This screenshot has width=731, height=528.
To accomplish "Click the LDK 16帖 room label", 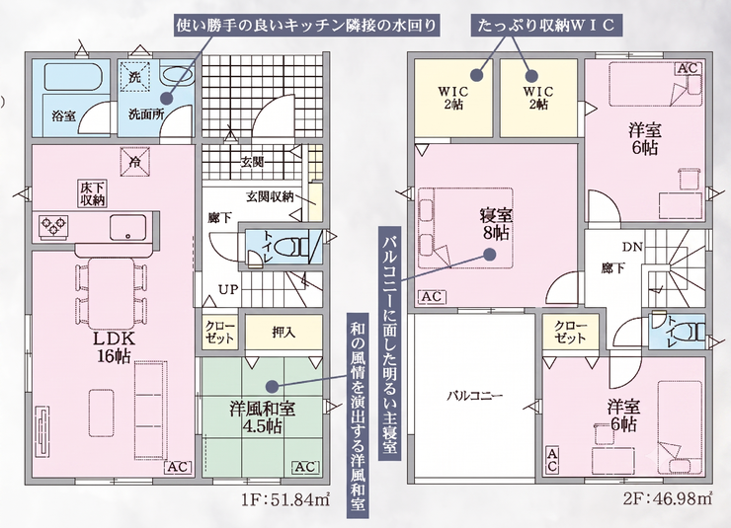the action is pos(114,346).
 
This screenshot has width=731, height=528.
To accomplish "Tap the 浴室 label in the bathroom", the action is pos(63,115).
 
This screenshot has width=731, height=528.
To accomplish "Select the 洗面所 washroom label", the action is pos(146,113).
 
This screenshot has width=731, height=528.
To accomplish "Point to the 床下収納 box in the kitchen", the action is pos(93,193).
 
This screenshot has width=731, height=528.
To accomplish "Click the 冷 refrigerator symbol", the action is pos(135,162).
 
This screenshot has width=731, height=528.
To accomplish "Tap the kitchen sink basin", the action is pos(127,228).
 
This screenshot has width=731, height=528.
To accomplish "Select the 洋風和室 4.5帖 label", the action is pos(263,417).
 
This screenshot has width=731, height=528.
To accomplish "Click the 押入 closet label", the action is pos(284,332).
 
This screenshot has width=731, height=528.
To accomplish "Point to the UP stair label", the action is pos(229,289).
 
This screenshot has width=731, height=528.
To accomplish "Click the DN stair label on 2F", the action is pos(632,247).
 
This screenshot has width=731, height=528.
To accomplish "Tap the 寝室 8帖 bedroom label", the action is pos(496,224).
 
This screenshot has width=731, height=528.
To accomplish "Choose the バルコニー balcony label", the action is pos(474,396).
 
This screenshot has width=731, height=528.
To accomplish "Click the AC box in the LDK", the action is pos(179,467).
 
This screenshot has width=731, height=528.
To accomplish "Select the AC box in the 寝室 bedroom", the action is pos(432,297).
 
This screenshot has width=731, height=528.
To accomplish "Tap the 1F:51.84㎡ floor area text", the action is pos(285,500).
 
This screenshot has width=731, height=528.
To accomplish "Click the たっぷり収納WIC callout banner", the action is pos(546,25).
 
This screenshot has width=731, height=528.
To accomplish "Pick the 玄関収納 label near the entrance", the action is pos(270,197).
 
